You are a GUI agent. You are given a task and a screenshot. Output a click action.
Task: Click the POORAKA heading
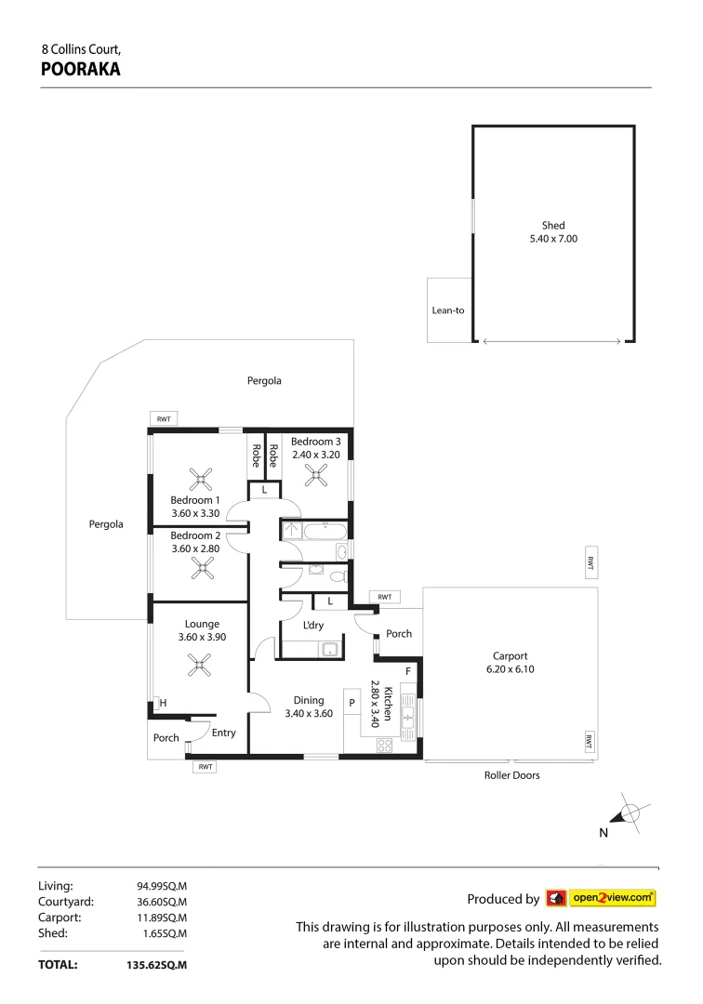(x=81, y=68)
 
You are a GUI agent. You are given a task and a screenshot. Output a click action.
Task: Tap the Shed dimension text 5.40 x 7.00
(x=553, y=239)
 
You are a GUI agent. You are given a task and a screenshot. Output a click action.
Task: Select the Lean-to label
(x=447, y=310)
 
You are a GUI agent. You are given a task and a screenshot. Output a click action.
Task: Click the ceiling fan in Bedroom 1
(x=201, y=480)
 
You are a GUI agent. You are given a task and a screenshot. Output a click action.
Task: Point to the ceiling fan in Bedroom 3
(x=318, y=476)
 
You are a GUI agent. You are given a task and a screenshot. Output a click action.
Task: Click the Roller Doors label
(x=511, y=774)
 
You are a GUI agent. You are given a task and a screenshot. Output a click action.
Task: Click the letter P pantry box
(x=352, y=703)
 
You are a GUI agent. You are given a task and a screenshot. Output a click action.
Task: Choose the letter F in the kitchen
(x=407, y=670)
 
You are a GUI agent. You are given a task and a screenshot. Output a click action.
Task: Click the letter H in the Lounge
(x=163, y=703)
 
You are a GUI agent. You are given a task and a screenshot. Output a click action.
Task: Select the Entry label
(x=223, y=733)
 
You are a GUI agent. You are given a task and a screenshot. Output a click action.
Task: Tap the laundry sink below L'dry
(x=328, y=649)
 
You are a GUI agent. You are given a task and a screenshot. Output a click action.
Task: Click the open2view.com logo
(x=600, y=898)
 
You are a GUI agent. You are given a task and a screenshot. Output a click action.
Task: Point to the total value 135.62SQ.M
(x=156, y=965)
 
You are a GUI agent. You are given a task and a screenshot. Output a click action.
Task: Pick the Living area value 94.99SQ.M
(x=163, y=886)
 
